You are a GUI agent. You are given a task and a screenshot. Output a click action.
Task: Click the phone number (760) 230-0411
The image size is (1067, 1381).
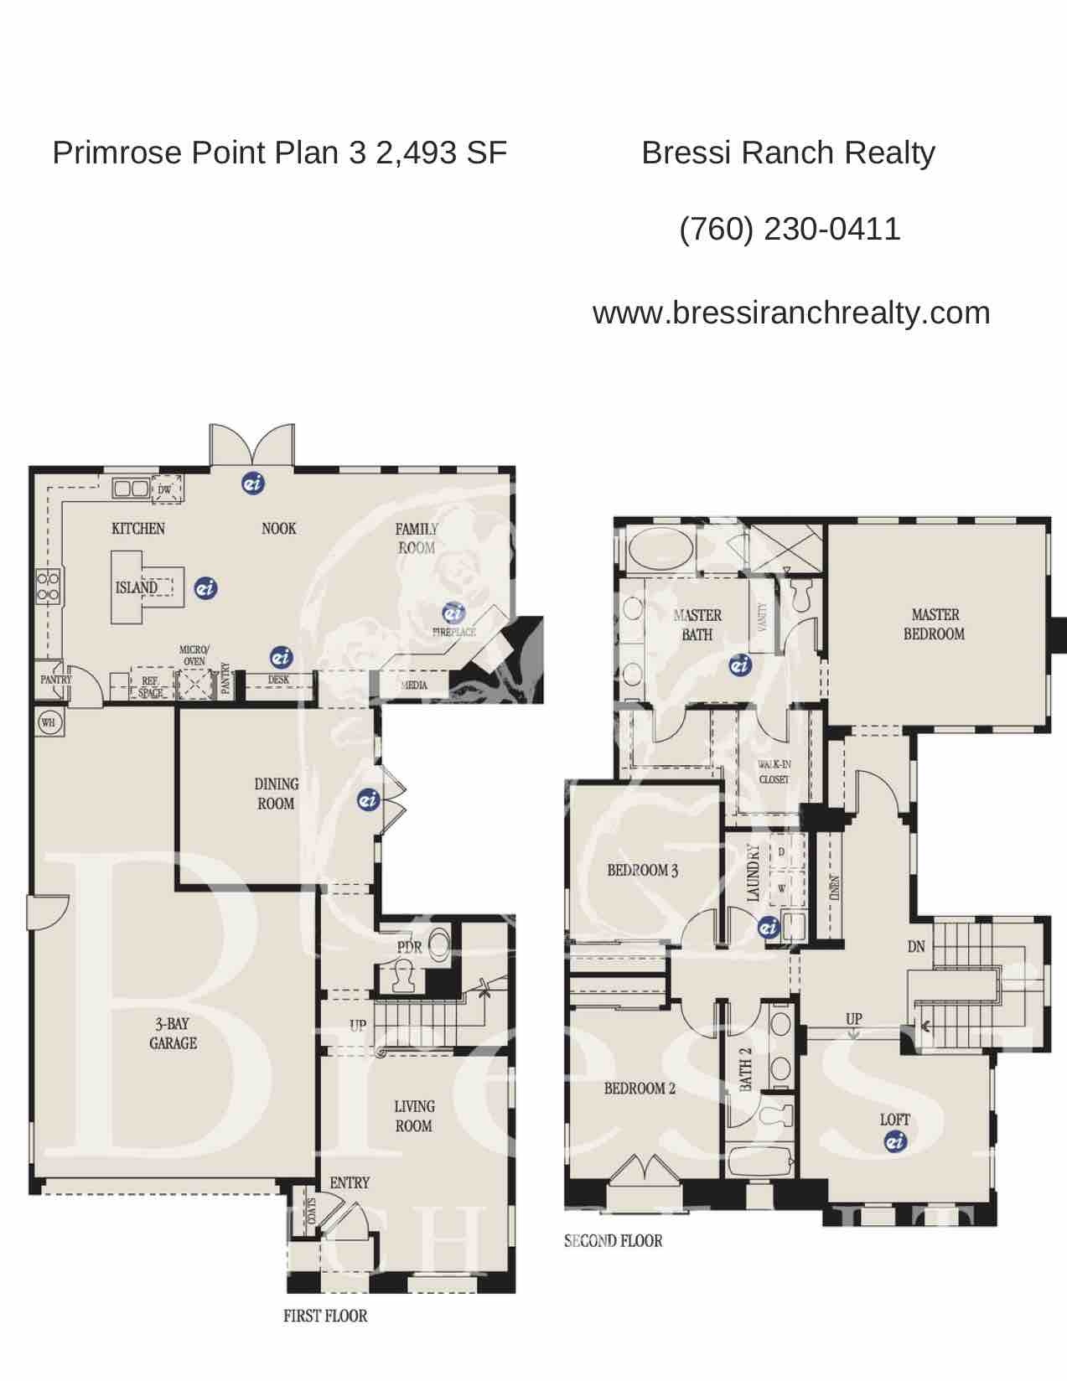[790, 229]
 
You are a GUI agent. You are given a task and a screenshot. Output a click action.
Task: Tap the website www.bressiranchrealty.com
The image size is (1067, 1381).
[791, 313]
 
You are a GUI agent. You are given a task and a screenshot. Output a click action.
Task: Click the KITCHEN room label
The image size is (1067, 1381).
[138, 529]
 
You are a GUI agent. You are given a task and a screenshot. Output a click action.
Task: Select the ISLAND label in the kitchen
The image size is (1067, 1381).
[137, 587]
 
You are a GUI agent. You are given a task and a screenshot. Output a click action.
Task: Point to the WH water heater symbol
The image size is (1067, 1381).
[49, 722]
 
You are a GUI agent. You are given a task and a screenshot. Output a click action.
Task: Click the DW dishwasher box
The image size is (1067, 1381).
[165, 489]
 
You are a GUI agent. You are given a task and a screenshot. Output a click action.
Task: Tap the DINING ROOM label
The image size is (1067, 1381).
[276, 794]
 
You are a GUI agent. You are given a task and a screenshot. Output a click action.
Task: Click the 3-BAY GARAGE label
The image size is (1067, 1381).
[174, 1033]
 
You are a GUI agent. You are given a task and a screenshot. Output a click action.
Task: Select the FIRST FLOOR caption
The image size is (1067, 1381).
[325, 1316]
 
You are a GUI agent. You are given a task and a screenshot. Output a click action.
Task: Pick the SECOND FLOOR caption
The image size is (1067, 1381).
[613, 1241]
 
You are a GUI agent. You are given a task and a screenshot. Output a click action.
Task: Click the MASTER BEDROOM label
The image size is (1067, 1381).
[934, 624]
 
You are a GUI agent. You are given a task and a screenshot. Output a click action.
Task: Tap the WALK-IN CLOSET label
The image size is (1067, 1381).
[774, 772]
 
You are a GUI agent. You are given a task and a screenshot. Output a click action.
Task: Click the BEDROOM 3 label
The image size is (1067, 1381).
[643, 871]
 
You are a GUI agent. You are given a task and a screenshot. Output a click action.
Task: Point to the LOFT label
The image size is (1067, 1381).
[894, 1120]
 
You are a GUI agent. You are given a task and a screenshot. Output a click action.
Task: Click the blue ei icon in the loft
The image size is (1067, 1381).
[895, 1140]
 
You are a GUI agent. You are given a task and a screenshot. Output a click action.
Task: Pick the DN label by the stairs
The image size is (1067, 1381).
[916, 947]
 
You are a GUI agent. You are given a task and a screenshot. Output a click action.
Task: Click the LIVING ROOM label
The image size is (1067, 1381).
[414, 1116]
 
